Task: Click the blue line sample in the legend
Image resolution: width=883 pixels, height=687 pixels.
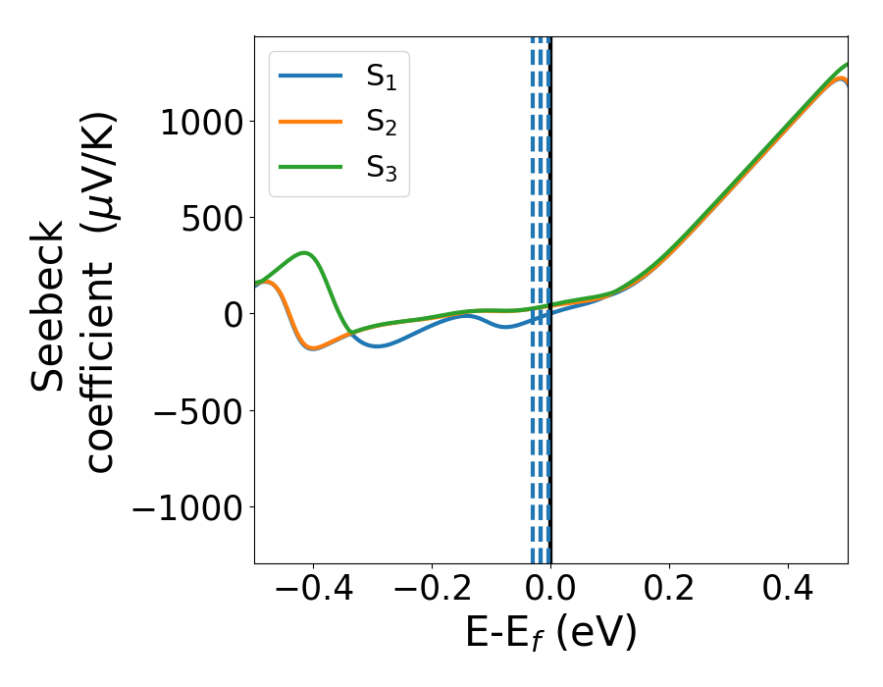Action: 311,76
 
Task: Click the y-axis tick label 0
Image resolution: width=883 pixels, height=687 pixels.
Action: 232,314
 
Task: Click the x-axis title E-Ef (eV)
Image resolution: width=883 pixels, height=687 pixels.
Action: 550,633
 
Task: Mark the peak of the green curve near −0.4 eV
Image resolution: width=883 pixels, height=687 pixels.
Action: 306,253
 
